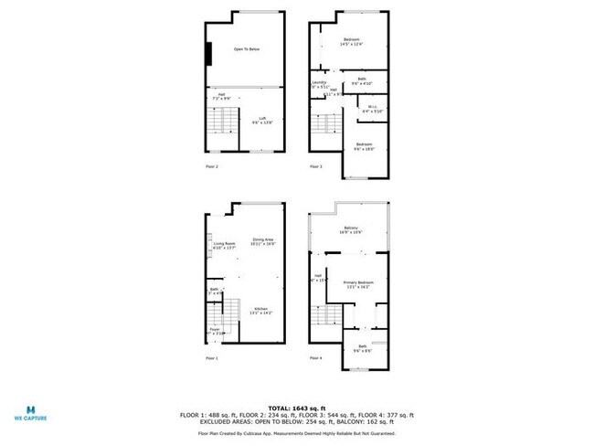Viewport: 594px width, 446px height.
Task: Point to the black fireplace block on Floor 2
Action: pyautogui.click(x=209, y=55)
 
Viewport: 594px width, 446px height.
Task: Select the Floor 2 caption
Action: pyautogui.click(x=212, y=166)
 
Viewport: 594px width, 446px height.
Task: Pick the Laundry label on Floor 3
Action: pyautogui.click(x=320, y=84)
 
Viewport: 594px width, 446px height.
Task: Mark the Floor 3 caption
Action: pyautogui.click(x=316, y=166)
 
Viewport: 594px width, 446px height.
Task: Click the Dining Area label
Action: pyautogui.click(x=263, y=241)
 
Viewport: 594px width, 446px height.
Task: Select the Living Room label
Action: pyautogui.click(x=225, y=245)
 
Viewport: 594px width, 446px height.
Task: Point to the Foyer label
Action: pyautogui.click(x=215, y=332)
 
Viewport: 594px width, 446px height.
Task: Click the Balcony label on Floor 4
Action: pyautogui.click(x=351, y=229)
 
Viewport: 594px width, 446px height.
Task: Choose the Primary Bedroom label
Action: pyautogui.click(x=357, y=284)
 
